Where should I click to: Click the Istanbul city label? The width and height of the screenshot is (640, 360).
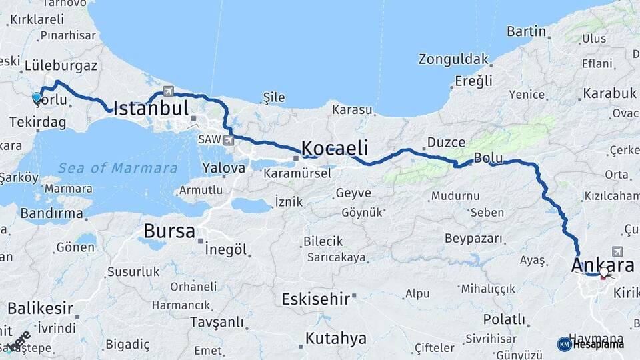(151, 109)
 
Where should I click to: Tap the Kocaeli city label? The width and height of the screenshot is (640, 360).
(335, 147)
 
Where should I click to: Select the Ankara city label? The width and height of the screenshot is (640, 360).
(602, 265)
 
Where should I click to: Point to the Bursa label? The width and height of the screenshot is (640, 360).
(170, 232)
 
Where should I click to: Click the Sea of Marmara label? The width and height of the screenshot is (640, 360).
(117, 168)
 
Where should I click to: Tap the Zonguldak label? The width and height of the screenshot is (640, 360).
(453, 59)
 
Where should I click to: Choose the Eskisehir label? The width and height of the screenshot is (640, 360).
(315, 299)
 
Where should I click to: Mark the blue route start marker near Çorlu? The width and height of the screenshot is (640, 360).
(37, 97)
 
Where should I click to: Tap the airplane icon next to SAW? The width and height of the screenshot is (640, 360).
(229, 140)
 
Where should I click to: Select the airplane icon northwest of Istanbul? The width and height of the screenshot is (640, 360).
(167, 91)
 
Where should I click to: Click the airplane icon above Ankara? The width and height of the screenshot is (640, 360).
(617, 251)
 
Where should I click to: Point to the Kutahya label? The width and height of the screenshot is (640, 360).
(335, 339)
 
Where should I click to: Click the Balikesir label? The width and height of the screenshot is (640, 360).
(40, 308)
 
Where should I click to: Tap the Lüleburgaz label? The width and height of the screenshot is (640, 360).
(61, 66)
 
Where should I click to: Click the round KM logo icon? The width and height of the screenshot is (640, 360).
(564, 344)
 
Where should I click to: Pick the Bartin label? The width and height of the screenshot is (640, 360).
(526, 31)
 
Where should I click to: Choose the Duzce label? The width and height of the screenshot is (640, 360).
(446, 142)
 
